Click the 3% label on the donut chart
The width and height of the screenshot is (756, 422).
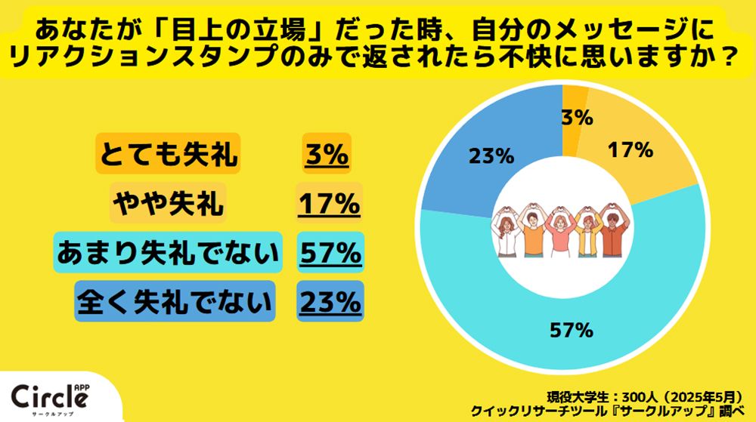[576, 118]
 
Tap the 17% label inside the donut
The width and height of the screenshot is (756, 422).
[630, 150]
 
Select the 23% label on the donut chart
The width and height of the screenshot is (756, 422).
[491, 157]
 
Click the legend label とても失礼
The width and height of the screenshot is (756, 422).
[167, 155]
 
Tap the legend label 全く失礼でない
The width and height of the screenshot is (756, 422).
[174, 302]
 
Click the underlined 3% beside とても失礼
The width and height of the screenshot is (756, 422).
[327, 155]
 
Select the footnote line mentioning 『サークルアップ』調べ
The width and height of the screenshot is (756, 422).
[612, 411]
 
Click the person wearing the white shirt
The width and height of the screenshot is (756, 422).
[506, 234]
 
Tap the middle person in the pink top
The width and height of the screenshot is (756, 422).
[560, 234]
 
